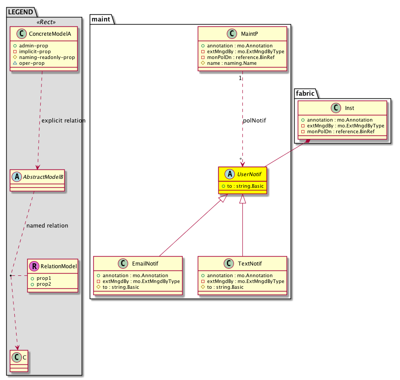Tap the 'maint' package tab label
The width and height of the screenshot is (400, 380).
101,18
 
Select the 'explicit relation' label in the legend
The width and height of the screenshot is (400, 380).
63,121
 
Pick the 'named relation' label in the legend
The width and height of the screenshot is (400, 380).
47,226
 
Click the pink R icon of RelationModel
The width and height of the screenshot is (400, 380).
34,266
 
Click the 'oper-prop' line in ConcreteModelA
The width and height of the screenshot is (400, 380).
37,63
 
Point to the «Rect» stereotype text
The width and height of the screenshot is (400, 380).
44,21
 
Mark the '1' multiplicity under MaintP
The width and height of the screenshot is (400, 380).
240,78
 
